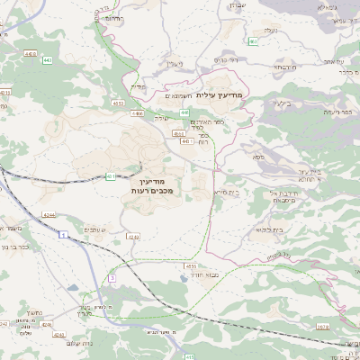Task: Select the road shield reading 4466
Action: [x=138, y=114]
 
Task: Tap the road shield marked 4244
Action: [x=48, y=214]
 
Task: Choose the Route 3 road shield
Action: [x=112, y=279]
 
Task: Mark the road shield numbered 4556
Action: [x=191, y=266]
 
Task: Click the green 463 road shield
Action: [x=255, y=41]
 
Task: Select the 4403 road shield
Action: [x=31, y=54]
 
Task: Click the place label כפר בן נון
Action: [x=17, y=245]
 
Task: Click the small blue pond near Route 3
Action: [x=72, y=288]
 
